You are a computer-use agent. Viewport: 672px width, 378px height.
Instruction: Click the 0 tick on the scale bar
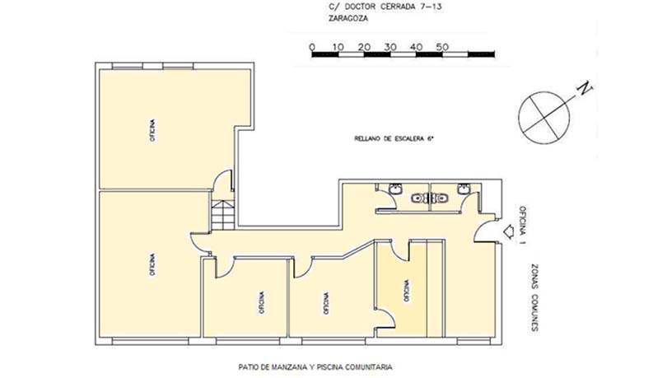(311, 47)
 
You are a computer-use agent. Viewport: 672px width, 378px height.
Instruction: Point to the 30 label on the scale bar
(390, 47)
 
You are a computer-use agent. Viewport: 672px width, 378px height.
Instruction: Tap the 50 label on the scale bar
(442, 47)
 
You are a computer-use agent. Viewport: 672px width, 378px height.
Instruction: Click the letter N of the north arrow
(584, 88)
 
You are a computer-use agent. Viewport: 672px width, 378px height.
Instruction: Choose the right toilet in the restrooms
(441, 198)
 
